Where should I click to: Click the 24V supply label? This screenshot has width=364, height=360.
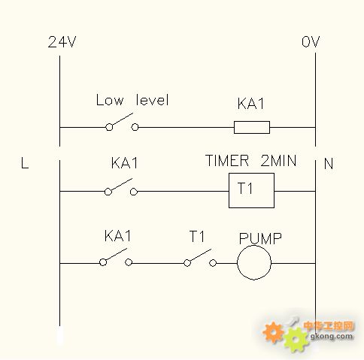pyautogui.click(x=62, y=42)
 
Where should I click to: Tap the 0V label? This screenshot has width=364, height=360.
pyautogui.click(x=311, y=41)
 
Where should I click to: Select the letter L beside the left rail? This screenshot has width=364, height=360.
pyautogui.click(x=25, y=163)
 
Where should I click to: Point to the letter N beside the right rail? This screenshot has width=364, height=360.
pyautogui.click(x=329, y=164)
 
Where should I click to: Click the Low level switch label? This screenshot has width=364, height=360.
pyautogui.click(x=132, y=100)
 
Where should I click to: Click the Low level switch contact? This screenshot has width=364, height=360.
pyautogui.click(x=122, y=123)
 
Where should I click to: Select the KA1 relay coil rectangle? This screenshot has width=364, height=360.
pyautogui.click(x=252, y=127)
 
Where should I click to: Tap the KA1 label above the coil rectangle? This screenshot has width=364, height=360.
pyautogui.click(x=250, y=104)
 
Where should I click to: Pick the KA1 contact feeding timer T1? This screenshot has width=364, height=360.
pyautogui.click(x=121, y=187)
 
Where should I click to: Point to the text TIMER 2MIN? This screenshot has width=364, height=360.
pyautogui.click(x=251, y=161)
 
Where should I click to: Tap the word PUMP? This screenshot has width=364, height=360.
pyautogui.click(x=260, y=238)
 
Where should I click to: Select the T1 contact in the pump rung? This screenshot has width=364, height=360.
pyautogui.click(x=200, y=258)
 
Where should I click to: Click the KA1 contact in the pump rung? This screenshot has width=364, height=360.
pyautogui.click(x=116, y=258)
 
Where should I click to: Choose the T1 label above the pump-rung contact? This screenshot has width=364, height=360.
pyautogui.click(x=197, y=236)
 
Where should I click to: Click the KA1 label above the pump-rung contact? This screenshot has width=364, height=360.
pyautogui.click(x=117, y=236)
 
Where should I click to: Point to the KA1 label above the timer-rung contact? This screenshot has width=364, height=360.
pyautogui.click(x=124, y=163)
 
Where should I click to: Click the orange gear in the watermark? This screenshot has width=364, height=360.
pyautogui.click(x=274, y=332)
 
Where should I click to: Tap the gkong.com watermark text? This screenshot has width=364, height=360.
pyautogui.click(x=332, y=336)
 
